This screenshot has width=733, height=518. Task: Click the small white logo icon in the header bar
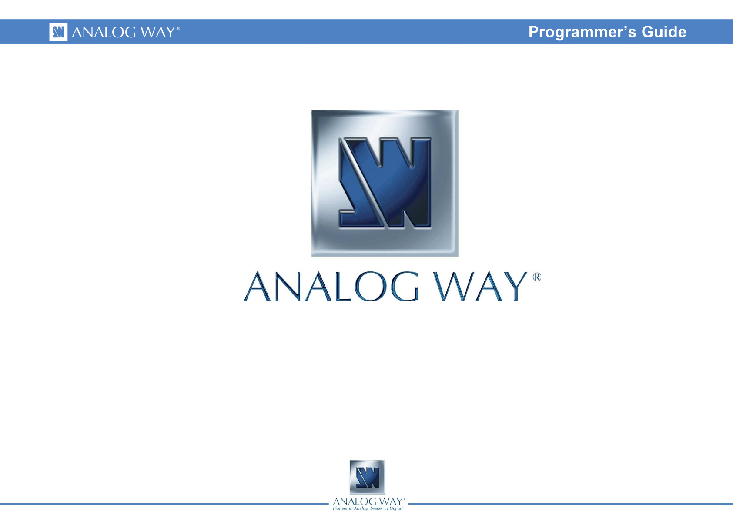click(x=58, y=32)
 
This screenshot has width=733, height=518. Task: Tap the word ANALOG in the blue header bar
click(x=104, y=32)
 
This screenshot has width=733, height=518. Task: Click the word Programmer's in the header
click(x=582, y=32)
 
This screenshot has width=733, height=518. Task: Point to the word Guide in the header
click(x=664, y=32)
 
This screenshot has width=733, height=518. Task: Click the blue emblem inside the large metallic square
click(x=385, y=183)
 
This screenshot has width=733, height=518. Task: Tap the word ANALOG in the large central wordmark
click(x=331, y=286)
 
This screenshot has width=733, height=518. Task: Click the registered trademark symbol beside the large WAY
click(x=537, y=277)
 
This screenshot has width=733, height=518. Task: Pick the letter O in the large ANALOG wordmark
click(x=370, y=286)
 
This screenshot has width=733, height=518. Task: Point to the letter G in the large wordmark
click(x=405, y=286)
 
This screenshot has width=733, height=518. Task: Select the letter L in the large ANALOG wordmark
click(x=342, y=286)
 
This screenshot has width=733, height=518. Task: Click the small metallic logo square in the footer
click(x=368, y=477)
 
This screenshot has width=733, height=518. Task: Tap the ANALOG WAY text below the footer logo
click(x=368, y=501)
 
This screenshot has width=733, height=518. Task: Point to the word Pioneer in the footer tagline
click(x=341, y=508)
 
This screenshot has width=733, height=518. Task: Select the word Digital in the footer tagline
click(x=396, y=508)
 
